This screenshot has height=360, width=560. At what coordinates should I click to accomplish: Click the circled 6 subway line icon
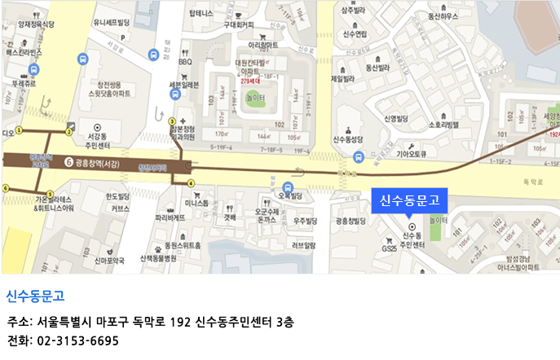68,162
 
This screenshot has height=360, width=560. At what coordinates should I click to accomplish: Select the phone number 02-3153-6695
78,340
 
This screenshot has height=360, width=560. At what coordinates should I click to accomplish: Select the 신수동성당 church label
353,139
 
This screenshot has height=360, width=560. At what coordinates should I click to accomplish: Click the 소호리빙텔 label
442,124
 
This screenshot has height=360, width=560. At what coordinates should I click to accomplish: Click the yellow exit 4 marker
191,182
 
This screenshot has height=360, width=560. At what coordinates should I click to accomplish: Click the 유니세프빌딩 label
112,23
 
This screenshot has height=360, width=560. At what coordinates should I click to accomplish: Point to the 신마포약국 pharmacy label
108,261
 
